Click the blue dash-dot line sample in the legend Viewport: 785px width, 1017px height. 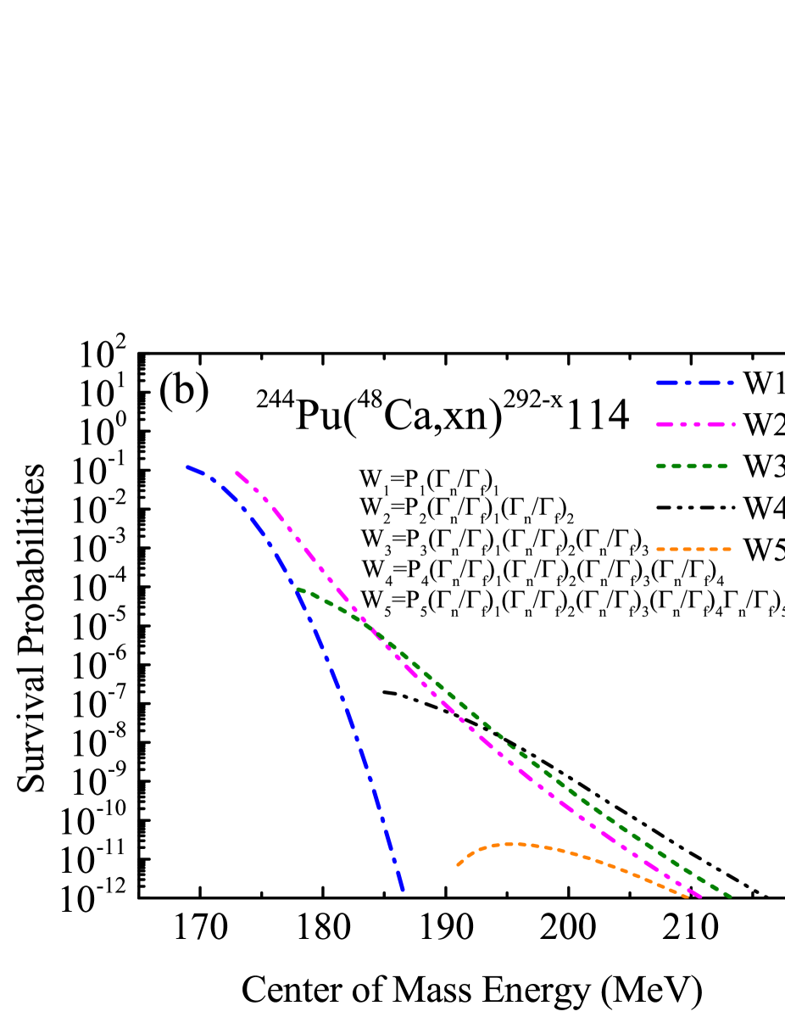pos(694,383)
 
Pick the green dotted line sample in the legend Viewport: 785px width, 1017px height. pos(692,466)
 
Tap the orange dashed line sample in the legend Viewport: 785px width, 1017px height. pos(693,550)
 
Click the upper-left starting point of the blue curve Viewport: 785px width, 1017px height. pos(187,467)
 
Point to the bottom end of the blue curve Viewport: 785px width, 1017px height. pos(403,890)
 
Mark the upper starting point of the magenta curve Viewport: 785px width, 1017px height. pos(237,472)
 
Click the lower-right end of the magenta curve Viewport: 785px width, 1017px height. pos(700,897)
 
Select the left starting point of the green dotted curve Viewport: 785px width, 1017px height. pos(297,589)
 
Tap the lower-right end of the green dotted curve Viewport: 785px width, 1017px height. pos(730,896)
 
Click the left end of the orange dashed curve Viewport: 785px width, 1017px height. pos(458,865)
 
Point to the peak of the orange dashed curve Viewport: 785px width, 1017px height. pos(511,843)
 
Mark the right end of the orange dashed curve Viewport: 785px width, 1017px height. pos(688,896)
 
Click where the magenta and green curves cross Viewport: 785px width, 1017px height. pos(370,629)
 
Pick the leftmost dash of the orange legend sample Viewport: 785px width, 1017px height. pos(660,550)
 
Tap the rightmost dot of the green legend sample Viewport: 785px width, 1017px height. pos(722,466)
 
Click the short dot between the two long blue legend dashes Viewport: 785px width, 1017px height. pos(687,383)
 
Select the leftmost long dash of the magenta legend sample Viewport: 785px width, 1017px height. pos(665,424)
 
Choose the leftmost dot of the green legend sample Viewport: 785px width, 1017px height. pos(660,466)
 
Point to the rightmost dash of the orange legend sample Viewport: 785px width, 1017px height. pos(726,550)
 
